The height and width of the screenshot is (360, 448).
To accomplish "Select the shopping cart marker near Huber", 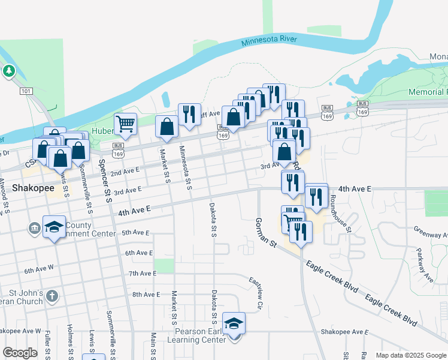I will point(125,124).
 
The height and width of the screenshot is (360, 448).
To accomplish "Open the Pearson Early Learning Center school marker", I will point(234,323).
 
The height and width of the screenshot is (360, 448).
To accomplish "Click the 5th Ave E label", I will point(135,232).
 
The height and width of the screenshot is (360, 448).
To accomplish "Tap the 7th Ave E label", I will point(142,273).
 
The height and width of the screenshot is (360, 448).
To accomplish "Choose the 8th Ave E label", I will point(147,294).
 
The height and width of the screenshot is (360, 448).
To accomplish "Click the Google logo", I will point(20,353).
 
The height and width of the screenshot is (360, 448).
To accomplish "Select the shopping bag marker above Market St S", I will point(167,127).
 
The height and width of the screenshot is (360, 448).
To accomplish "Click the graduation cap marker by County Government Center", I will point(55,227).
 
